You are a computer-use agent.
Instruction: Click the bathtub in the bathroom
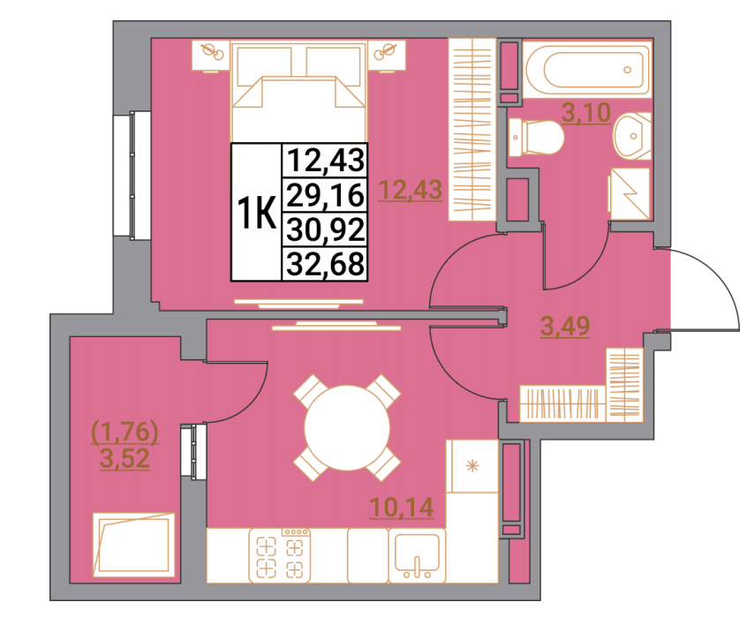pyautogui.click(x=587, y=70)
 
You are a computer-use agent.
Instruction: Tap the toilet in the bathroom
pyautogui.click(x=536, y=137)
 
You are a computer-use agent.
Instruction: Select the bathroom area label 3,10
pyautogui.click(x=586, y=113)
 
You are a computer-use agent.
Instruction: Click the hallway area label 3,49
pyautogui.click(x=565, y=327)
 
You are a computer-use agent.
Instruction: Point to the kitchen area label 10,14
pyautogui.click(x=402, y=507)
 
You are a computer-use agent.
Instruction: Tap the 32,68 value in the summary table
pyautogui.click(x=326, y=264)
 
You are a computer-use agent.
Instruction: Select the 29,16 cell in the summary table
pyautogui.click(x=326, y=195)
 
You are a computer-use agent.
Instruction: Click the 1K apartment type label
pyautogui.click(x=257, y=213)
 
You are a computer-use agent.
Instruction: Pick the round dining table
pyautogui.click(x=347, y=428)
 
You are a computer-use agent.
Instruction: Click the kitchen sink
pyautogui.click(x=417, y=555)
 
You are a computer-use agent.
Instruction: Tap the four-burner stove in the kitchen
pyautogui.click(x=280, y=555)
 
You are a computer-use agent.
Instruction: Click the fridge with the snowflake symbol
pyautogui.click(x=472, y=466)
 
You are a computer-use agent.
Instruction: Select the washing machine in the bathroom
pyautogui.click(x=630, y=193)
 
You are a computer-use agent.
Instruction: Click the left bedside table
pyautogui.click(x=211, y=56)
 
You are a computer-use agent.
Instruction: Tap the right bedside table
pyautogui.click(x=387, y=56)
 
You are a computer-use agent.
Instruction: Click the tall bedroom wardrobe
pyautogui.click(x=472, y=130)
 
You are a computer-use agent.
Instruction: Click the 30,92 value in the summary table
pyautogui.click(x=326, y=229)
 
